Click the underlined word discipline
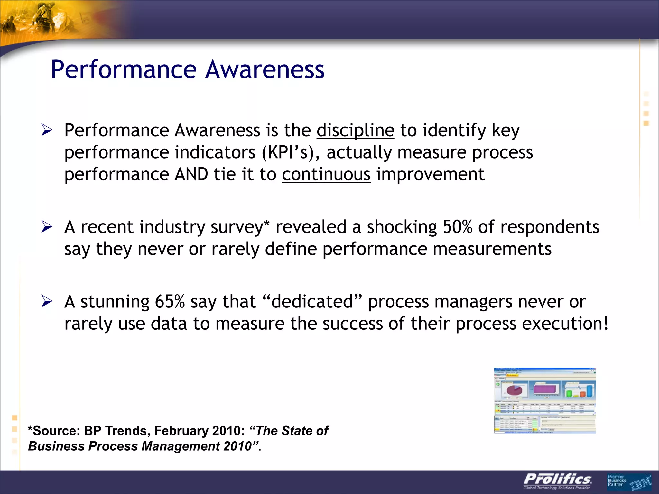tap(355, 131)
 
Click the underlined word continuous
tap(326, 175)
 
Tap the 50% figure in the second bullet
tap(457, 227)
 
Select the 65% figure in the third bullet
tap(170, 302)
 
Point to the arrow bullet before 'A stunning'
tap(47, 302)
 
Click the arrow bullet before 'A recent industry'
tap(47, 227)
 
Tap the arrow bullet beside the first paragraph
tap(47, 131)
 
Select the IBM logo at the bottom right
tap(640, 484)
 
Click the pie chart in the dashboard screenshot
tap(514, 390)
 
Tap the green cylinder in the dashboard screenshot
tap(569, 393)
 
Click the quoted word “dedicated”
tap(312, 302)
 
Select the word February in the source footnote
tap(181, 431)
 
